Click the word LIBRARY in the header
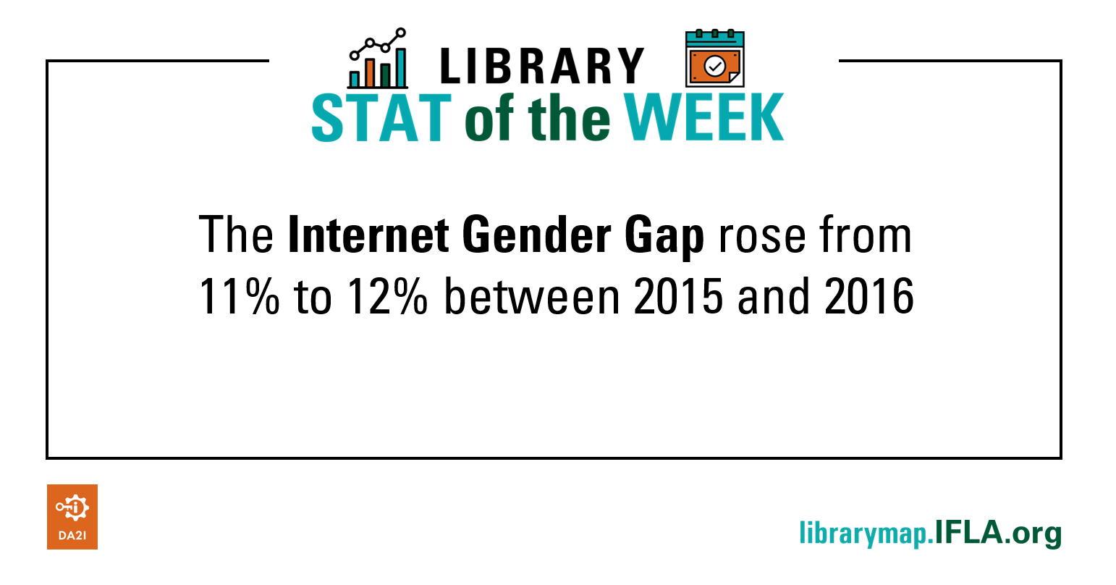click(x=541, y=67)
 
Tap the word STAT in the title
click(x=381, y=118)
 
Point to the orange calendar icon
click(x=714, y=59)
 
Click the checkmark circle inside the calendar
click(x=714, y=67)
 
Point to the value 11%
click(x=238, y=297)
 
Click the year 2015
click(x=678, y=297)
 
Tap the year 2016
click(x=869, y=297)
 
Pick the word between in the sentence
click(x=532, y=297)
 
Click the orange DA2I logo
click(x=72, y=516)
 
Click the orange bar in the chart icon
click(x=370, y=73)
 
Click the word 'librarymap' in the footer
click(x=863, y=534)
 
